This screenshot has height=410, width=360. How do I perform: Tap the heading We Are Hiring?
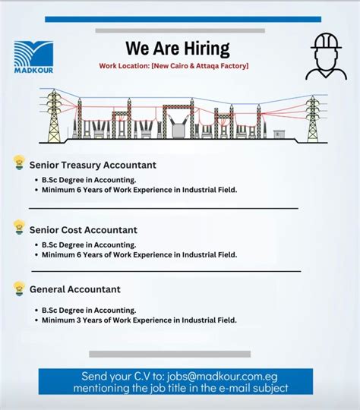[x=178, y=49]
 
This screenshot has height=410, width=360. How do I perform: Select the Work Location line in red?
[x=174, y=67]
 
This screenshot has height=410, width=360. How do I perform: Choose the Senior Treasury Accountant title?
[x=93, y=165]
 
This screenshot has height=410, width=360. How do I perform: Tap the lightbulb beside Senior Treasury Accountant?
[x=19, y=163]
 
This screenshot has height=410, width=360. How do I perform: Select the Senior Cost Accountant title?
[x=84, y=229]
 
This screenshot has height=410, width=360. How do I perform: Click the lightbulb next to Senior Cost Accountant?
[x=19, y=227]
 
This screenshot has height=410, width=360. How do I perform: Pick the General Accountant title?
[x=75, y=289]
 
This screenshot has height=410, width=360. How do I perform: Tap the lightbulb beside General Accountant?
[x=19, y=288]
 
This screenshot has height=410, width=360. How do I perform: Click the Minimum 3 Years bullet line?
[x=139, y=320]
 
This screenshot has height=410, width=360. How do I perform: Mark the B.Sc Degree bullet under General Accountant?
[x=89, y=310]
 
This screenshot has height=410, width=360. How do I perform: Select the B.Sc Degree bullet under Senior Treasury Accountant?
[x=89, y=180]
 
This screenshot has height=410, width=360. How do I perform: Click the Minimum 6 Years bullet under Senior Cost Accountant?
[x=139, y=255]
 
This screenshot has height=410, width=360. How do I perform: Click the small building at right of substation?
[x=280, y=134]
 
